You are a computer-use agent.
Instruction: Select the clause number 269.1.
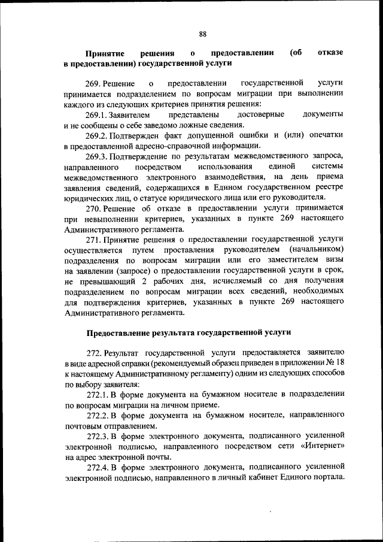[x=99, y=114]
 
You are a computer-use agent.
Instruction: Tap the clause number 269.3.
[x=99, y=156]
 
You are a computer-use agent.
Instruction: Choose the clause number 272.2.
[x=99, y=415]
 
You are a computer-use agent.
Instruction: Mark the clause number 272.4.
[x=99, y=467]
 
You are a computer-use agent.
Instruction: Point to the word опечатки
[x=323, y=135]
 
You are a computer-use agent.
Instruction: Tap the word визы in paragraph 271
[x=333, y=259]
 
